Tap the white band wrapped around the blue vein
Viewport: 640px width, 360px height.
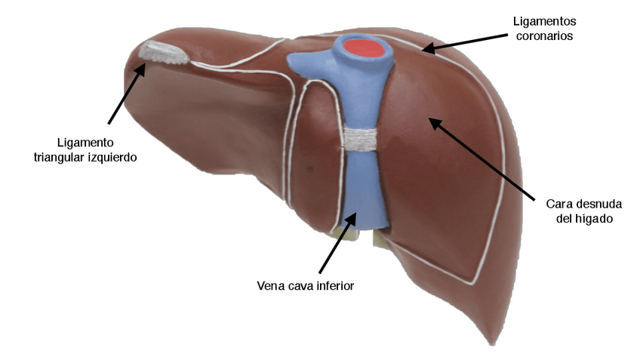pos(363,137)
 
